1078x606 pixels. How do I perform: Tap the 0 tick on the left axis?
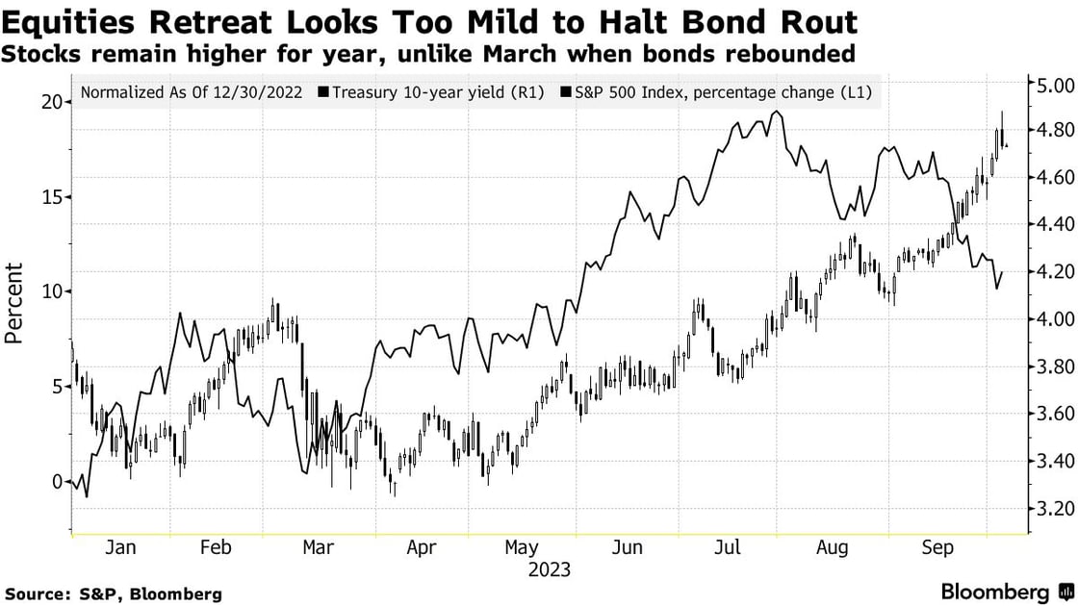tap(58, 482)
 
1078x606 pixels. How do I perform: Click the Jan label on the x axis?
tap(119, 547)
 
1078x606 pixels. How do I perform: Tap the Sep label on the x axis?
tap(937, 547)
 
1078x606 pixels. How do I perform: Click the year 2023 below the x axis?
tap(549, 569)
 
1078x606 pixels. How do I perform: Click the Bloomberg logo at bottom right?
tap(995, 592)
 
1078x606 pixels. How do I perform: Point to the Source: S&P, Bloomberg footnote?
tap(113, 594)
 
